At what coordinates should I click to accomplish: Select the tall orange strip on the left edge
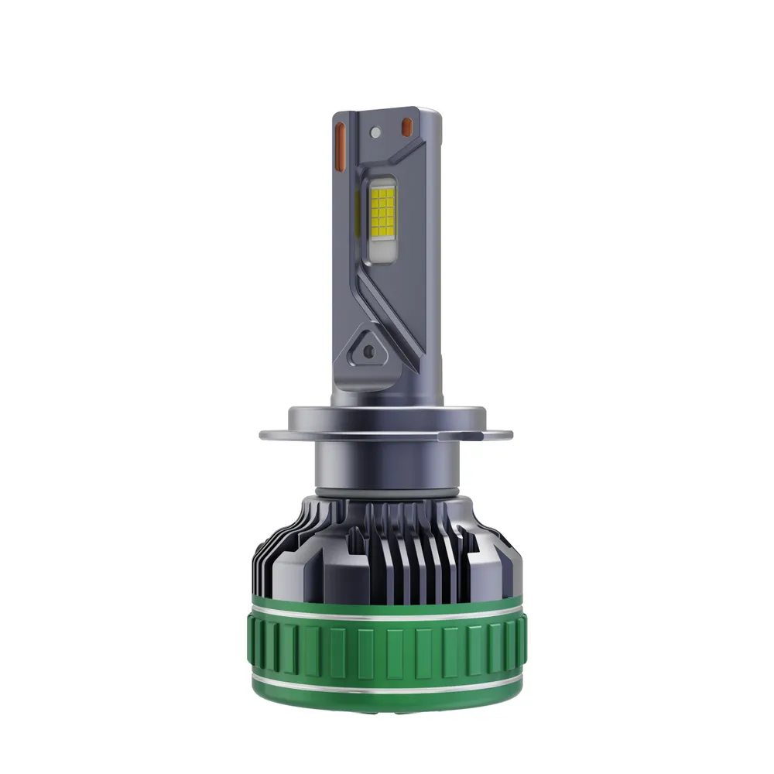[x=338, y=146]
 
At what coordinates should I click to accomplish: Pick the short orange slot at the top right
[x=406, y=125]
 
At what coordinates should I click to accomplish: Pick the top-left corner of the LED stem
[x=336, y=114]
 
